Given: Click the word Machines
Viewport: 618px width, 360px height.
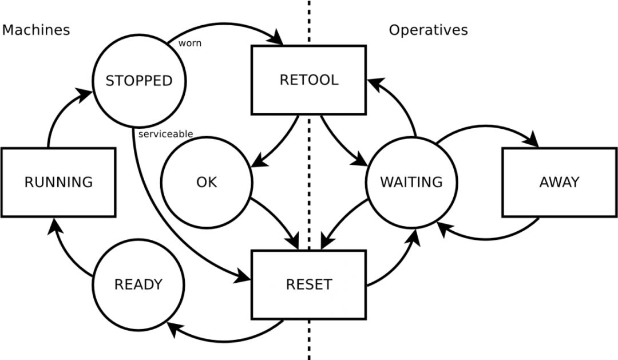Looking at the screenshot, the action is click(36, 30).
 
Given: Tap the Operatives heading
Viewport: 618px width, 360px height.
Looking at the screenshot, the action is click(429, 30).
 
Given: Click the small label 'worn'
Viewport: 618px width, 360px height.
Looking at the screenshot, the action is click(190, 43).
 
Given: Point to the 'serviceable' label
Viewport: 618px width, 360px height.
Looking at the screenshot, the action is click(165, 134).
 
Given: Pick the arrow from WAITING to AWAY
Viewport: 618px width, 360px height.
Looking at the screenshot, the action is click(487, 126).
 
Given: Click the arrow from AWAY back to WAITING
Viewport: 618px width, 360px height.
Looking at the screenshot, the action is click(487, 238).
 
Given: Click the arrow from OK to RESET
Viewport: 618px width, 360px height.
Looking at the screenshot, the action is click(278, 221).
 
